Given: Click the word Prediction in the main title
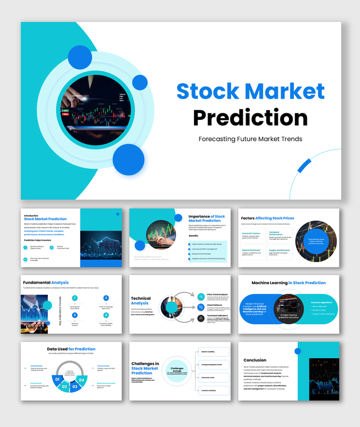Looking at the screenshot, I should point(250,117).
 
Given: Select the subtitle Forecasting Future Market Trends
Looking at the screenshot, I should point(250,139).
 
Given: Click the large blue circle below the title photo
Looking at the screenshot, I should point(128,160).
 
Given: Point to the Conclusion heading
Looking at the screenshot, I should point(255,360).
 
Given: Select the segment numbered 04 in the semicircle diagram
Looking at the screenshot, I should point(82,380).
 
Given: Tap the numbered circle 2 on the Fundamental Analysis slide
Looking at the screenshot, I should point(106,298).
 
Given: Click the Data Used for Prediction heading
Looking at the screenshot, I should point(71,349).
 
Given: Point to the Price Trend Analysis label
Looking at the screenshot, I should point(218,294).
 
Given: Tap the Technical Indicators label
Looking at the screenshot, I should point(218,316).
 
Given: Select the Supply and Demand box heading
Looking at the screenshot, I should point(279,250).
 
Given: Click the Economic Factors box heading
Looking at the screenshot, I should point(251,234).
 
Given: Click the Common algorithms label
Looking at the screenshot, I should point(322,302).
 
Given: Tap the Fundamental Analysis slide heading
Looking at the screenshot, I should point(46,283).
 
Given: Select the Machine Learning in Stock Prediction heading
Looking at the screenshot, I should point(289,283).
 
